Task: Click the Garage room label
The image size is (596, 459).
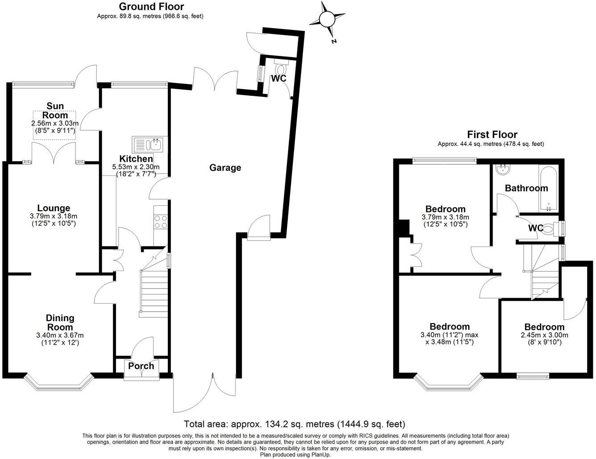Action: [225, 168]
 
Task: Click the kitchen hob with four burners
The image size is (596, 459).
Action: [161, 222]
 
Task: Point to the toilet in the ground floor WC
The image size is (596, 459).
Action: [281, 70]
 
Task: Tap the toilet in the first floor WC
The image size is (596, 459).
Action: [549, 229]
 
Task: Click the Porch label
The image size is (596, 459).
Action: [141, 366]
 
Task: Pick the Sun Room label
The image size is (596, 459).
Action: [55, 110]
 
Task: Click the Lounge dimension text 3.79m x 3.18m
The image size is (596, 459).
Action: [54, 216]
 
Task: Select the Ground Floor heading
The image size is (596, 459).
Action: [151, 7]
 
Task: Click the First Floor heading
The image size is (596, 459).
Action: [492, 134]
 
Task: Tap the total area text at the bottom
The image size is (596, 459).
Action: [295, 424]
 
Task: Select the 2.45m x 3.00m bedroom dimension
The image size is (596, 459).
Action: [544, 335]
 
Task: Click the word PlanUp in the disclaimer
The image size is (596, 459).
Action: [320, 455]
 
